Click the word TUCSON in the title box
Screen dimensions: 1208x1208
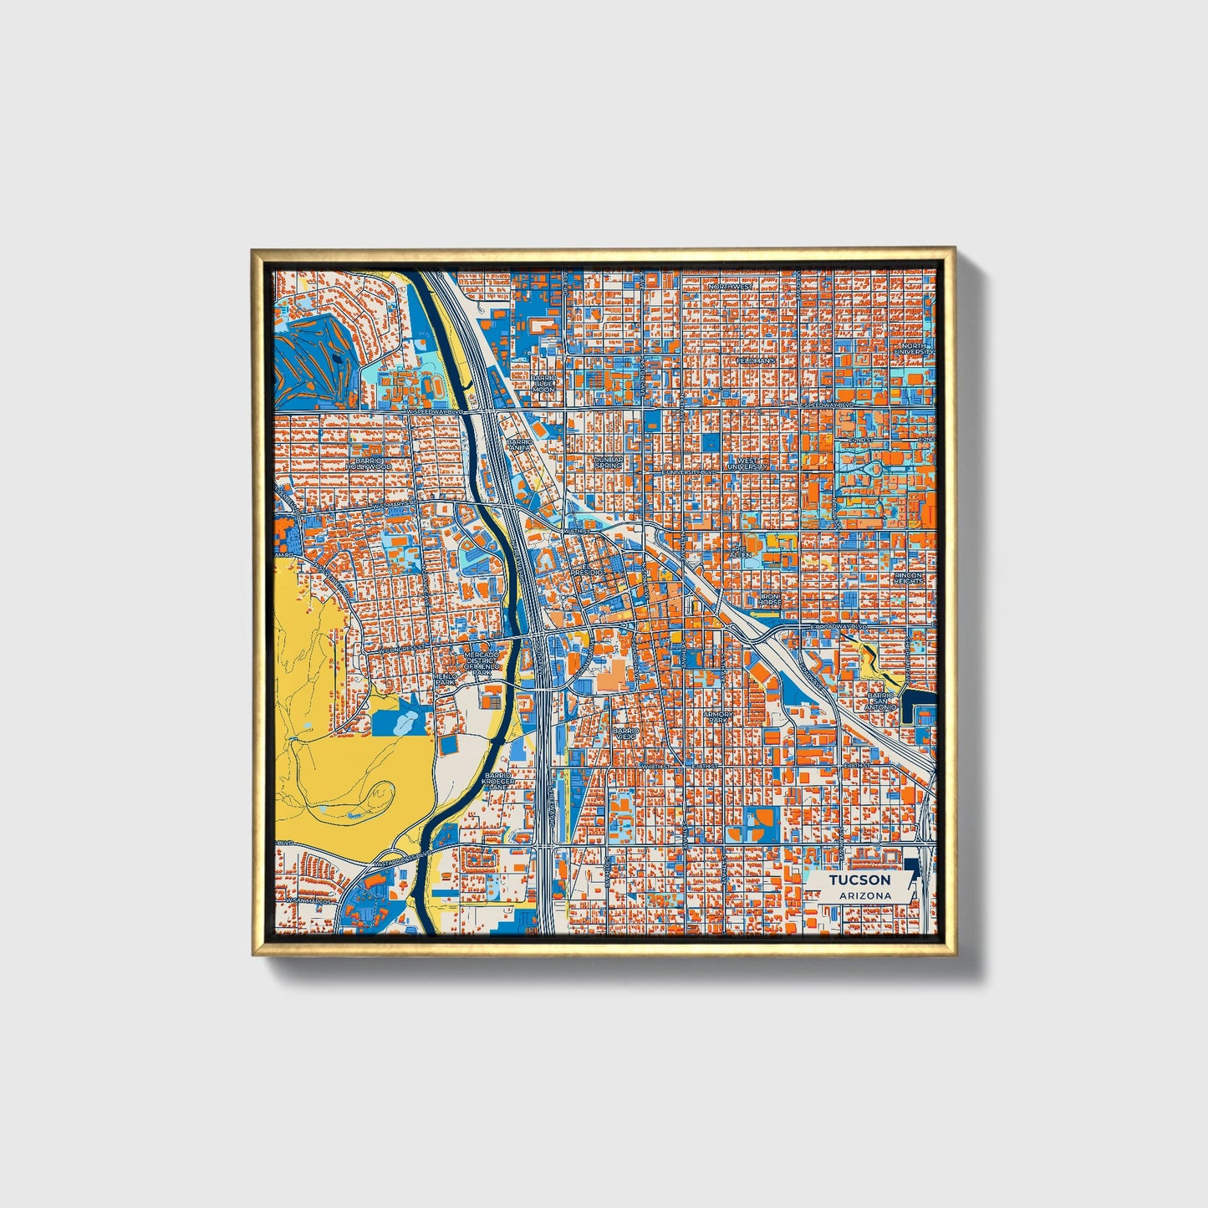pyautogui.click(x=859, y=880)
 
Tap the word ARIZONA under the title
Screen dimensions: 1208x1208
pyautogui.click(x=859, y=896)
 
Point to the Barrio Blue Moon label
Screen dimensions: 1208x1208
pyautogui.click(x=543, y=384)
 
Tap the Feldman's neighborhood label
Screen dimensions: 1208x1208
pyautogui.click(x=757, y=360)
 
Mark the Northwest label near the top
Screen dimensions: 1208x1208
pyautogui.click(x=731, y=287)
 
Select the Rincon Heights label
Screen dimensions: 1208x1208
pyautogui.click(x=910, y=579)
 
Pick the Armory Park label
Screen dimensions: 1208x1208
pyautogui.click(x=718, y=717)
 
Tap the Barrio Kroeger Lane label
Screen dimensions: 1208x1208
pyautogui.click(x=499, y=781)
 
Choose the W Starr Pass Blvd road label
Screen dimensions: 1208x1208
pyautogui.click(x=402, y=855)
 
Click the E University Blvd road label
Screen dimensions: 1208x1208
pyautogui.click(x=691, y=472)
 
